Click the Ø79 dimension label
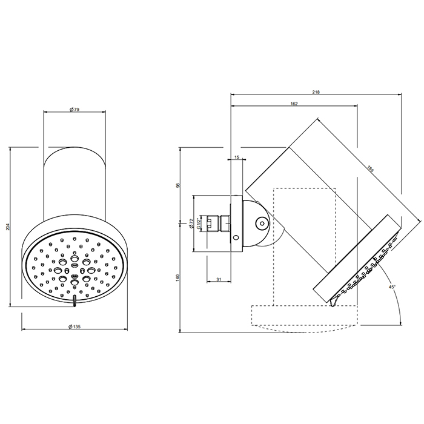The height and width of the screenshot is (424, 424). (x=75, y=110)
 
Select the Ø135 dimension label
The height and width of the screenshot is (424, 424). (x=75, y=326)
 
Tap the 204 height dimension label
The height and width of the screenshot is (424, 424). (x=7, y=226)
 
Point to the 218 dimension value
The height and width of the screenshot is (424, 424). (x=316, y=92)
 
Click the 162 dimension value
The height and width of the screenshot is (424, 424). (x=294, y=104)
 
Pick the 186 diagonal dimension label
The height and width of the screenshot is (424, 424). (x=370, y=169)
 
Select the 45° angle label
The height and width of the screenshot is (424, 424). (x=392, y=287)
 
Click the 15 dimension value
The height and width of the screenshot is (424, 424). (x=237, y=157)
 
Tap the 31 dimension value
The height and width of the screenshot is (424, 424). (x=219, y=280)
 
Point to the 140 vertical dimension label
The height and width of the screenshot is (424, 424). (x=177, y=277)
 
